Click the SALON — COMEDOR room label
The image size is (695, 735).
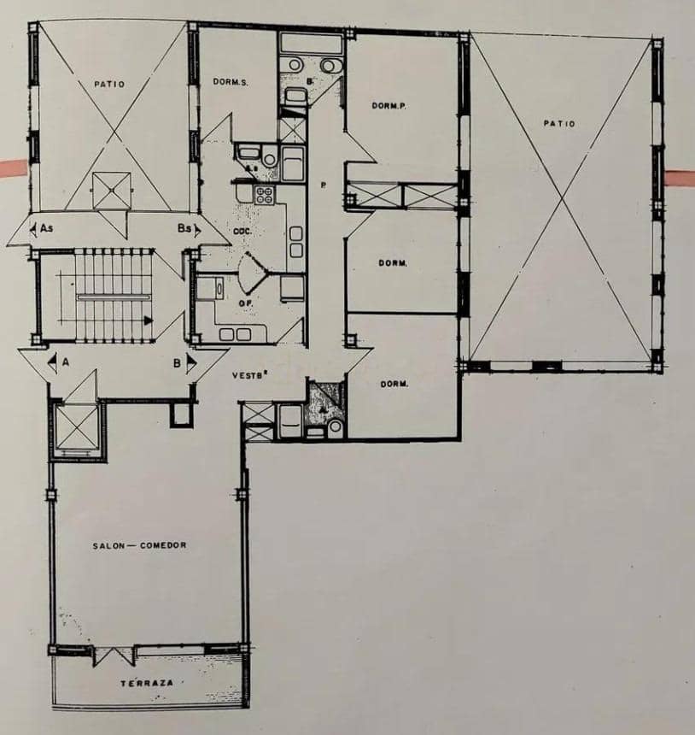pos(139,545)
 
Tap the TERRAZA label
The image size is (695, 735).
pos(147,684)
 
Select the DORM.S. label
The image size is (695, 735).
pos(231,81)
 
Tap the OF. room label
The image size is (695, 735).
pos(244,302)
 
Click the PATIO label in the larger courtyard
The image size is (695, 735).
pos(559,124)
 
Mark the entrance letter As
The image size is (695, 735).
pos(43,228)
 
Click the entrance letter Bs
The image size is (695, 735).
pos(185,228)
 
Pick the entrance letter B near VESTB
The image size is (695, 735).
pos(177,362)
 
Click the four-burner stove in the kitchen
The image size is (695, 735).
pos(264,193)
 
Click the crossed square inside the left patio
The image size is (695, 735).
pos(112,190)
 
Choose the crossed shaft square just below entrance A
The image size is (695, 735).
pos(77,427)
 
